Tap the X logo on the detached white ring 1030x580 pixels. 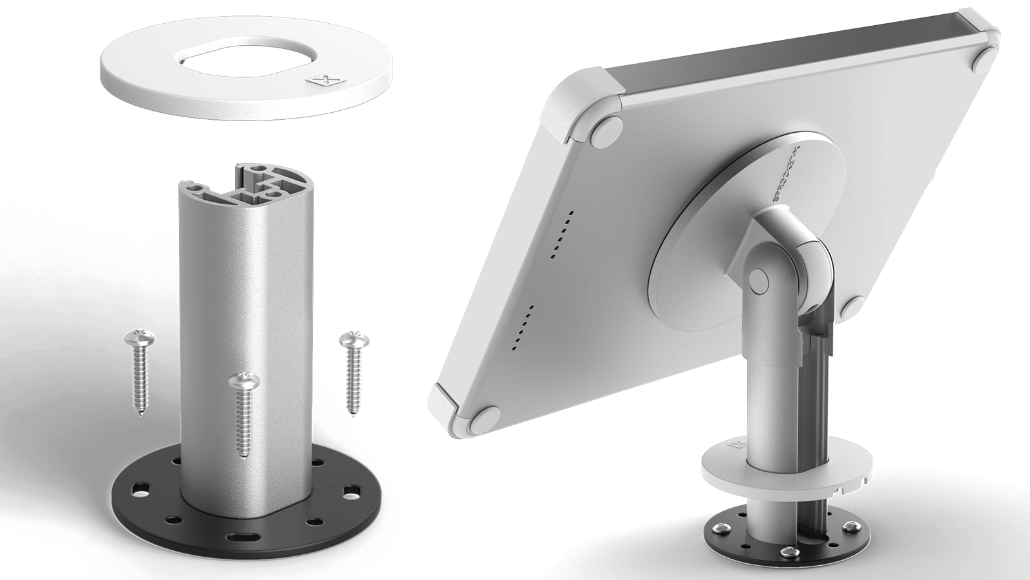point(326,81)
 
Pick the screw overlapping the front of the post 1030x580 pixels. point(243,412)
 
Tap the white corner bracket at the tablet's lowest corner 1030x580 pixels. point(444,402)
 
